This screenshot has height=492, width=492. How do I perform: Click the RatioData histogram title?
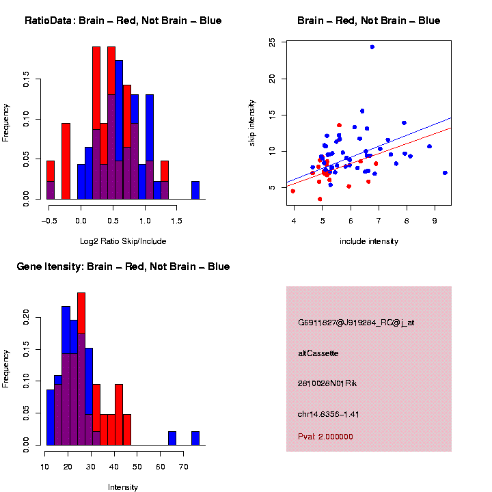(123, 21)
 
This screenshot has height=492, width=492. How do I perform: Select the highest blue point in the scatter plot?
(372, 47)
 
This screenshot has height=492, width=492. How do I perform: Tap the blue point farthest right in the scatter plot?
(445, 173)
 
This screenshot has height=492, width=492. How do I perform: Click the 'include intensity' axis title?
(368, 242)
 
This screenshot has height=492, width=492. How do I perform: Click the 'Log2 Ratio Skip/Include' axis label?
(124, 241)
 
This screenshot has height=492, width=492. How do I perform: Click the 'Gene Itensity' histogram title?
(123, 266)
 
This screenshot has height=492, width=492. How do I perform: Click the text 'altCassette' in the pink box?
(318, 354)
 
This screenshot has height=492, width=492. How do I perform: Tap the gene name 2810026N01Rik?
(327, 384)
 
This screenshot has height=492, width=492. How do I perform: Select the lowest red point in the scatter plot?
(320, 199)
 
